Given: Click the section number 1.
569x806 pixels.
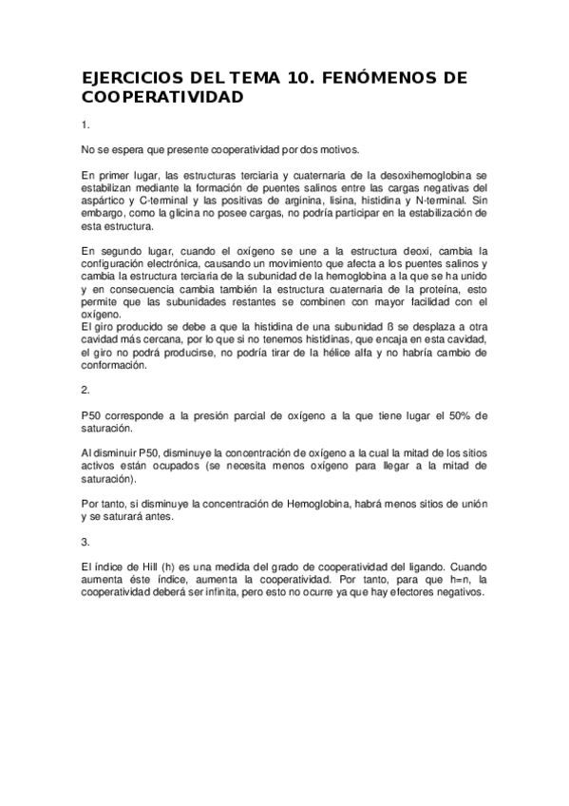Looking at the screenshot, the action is pos(85,125).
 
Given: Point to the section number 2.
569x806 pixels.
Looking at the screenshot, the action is pos(85,390).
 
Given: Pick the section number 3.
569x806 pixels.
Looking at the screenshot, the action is pos(85,542).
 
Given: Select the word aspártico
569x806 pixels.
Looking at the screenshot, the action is pos(103,201).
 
